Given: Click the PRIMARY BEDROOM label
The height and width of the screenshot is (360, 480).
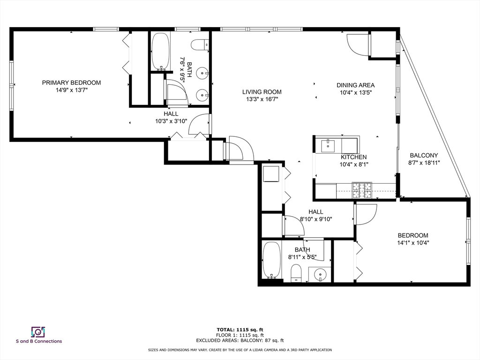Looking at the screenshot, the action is coord(71,82).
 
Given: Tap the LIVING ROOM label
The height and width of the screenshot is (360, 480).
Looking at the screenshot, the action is coord(262,92).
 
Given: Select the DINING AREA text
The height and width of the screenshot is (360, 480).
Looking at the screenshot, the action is coord(355,85).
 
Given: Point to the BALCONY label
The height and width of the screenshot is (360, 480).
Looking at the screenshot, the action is coord(424,155).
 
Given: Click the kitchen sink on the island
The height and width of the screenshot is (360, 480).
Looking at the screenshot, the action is coord(328,145).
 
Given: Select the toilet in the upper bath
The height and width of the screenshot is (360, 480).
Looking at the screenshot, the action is coord(200,45).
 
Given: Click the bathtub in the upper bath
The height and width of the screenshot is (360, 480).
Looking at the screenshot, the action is coord(160,52).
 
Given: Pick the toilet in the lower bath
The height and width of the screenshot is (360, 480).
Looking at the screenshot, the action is coord(296,273).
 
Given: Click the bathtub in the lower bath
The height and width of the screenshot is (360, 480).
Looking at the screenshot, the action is coord(271,260).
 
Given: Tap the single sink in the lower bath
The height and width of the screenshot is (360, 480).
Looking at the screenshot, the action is coord(320,274).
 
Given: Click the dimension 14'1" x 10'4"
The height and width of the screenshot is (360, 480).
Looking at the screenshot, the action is coord(413,243).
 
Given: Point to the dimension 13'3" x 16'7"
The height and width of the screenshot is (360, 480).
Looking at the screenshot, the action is coord(262,99).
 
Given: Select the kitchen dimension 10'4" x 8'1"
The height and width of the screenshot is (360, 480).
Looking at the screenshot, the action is coord(353,165).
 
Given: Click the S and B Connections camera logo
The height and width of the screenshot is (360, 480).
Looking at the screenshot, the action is coord(38,332).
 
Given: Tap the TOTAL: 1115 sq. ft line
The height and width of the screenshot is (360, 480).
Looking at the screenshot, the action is coord(240,330).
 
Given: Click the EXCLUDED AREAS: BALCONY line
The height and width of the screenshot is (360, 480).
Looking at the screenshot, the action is coord(240,340).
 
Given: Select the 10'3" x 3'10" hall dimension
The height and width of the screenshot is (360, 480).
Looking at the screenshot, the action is coord(171,121).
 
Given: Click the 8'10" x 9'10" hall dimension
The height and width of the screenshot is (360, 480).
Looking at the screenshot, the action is coord(316,219).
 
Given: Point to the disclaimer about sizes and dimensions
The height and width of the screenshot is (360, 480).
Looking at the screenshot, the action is coord(240,350).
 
